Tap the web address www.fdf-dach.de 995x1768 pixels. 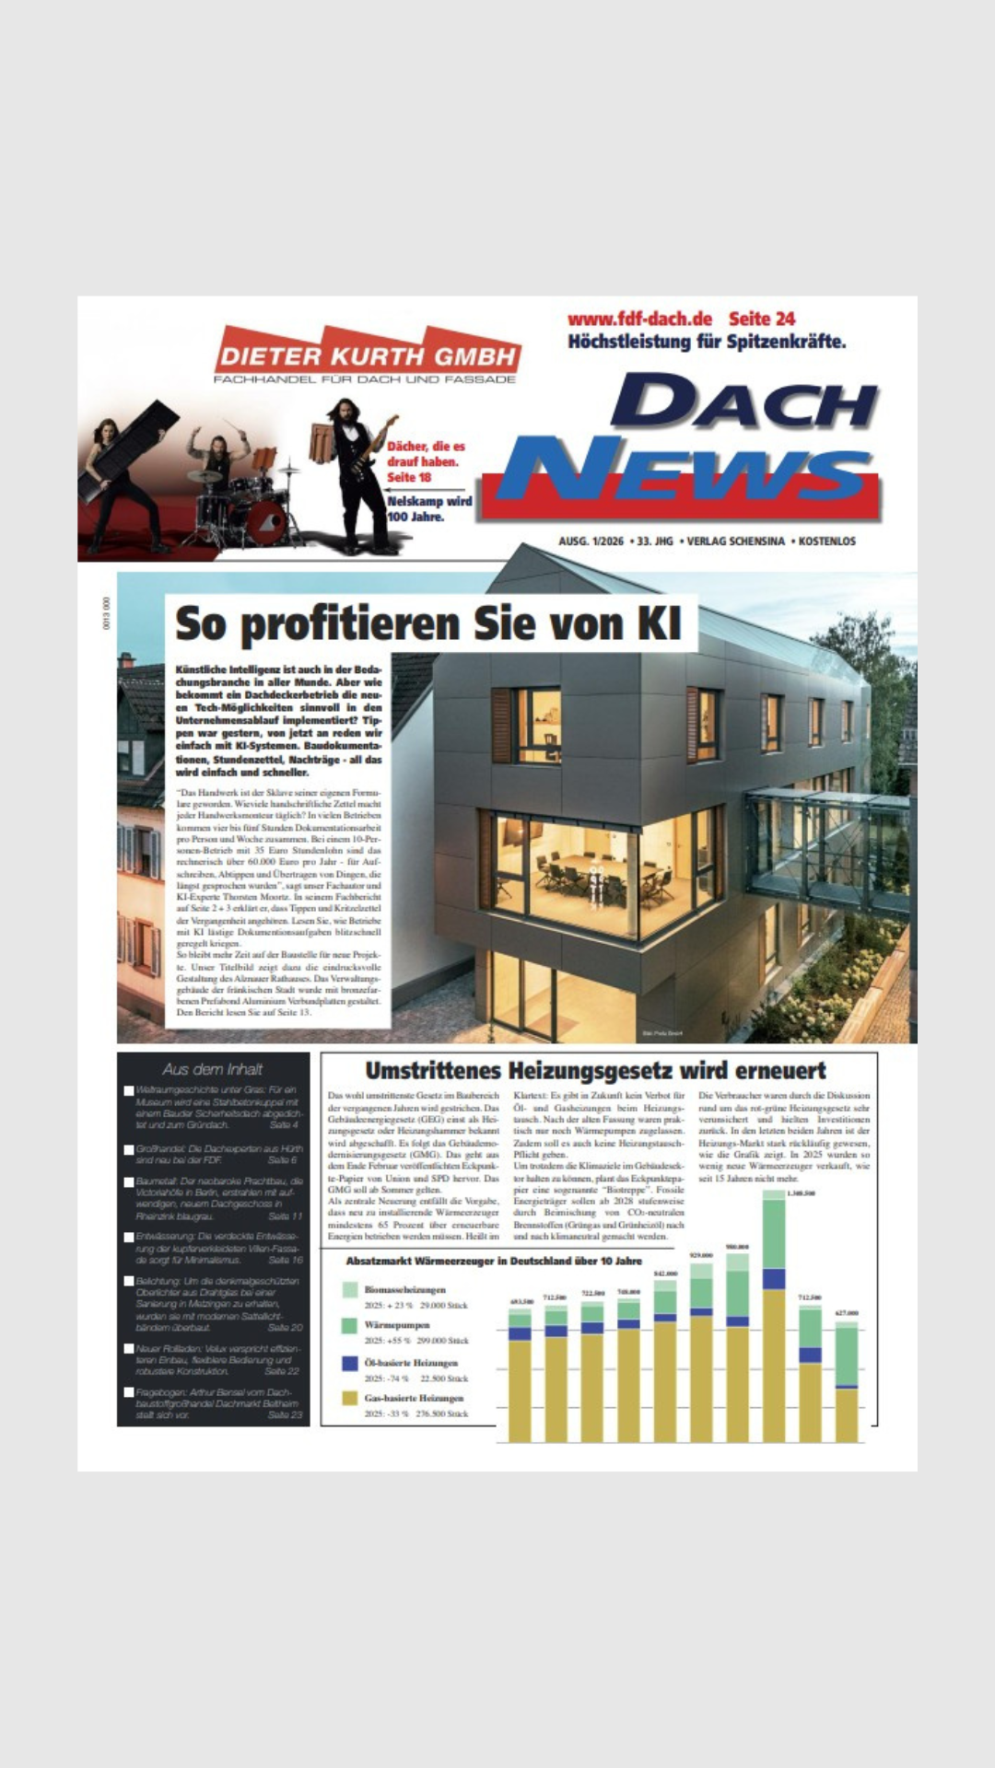(639, 319)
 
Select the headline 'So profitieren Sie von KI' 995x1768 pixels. (428, 623)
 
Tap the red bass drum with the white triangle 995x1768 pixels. (266, 521)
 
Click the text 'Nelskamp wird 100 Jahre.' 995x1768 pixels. (429, 508)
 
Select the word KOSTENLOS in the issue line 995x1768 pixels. (826, 541)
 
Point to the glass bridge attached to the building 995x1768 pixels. (825, 847)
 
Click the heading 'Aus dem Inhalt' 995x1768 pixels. (213, 1069)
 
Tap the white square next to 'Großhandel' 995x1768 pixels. (129, 1150)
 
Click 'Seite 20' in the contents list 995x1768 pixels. (285, 1327)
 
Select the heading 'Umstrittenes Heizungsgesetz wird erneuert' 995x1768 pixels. (595, 1071)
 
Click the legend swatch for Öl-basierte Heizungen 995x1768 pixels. (349, 1362)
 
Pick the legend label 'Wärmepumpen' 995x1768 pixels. (396, 1324)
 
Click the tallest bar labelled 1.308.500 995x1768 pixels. (774, 1317)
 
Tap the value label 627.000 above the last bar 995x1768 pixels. (847, 1312)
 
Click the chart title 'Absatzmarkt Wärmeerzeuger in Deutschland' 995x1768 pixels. (494, 1261)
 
